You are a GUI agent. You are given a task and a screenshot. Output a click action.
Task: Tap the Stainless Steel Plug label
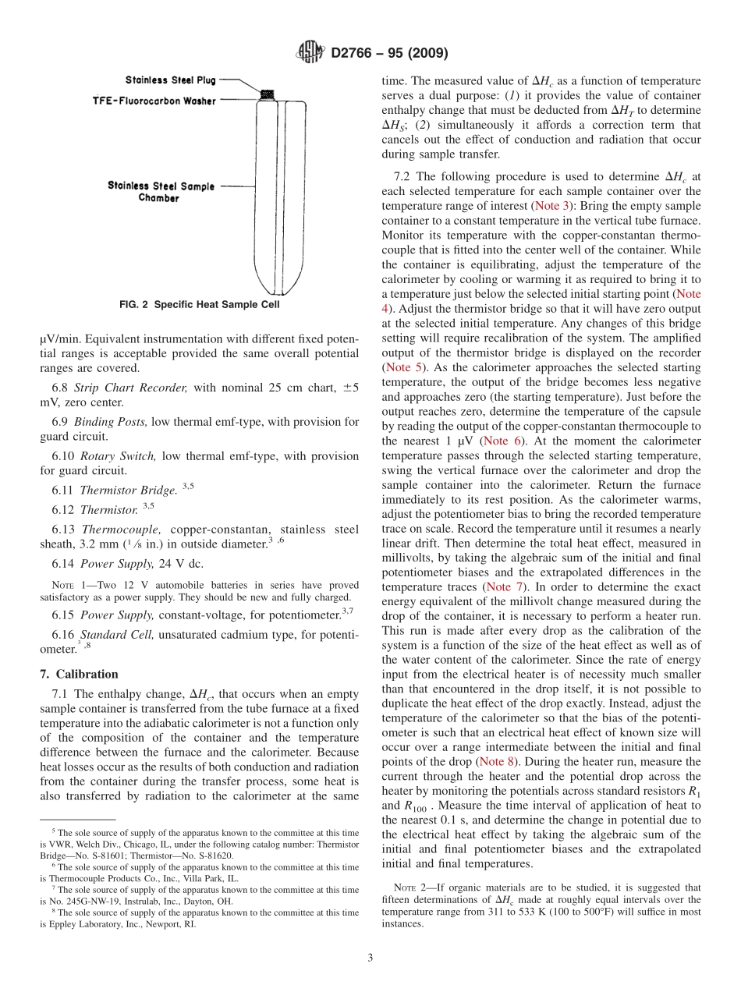pos(171,80)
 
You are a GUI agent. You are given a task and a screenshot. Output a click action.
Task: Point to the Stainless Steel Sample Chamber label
pos(161,192)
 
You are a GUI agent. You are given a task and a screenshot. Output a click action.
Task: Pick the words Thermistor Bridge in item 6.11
pos(128,491)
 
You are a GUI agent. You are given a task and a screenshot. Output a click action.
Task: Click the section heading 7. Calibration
pos(79,674)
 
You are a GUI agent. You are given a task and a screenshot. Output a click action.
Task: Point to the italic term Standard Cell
pos(117,635)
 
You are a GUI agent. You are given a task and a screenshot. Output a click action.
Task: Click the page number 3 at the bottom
pos(370,958)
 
